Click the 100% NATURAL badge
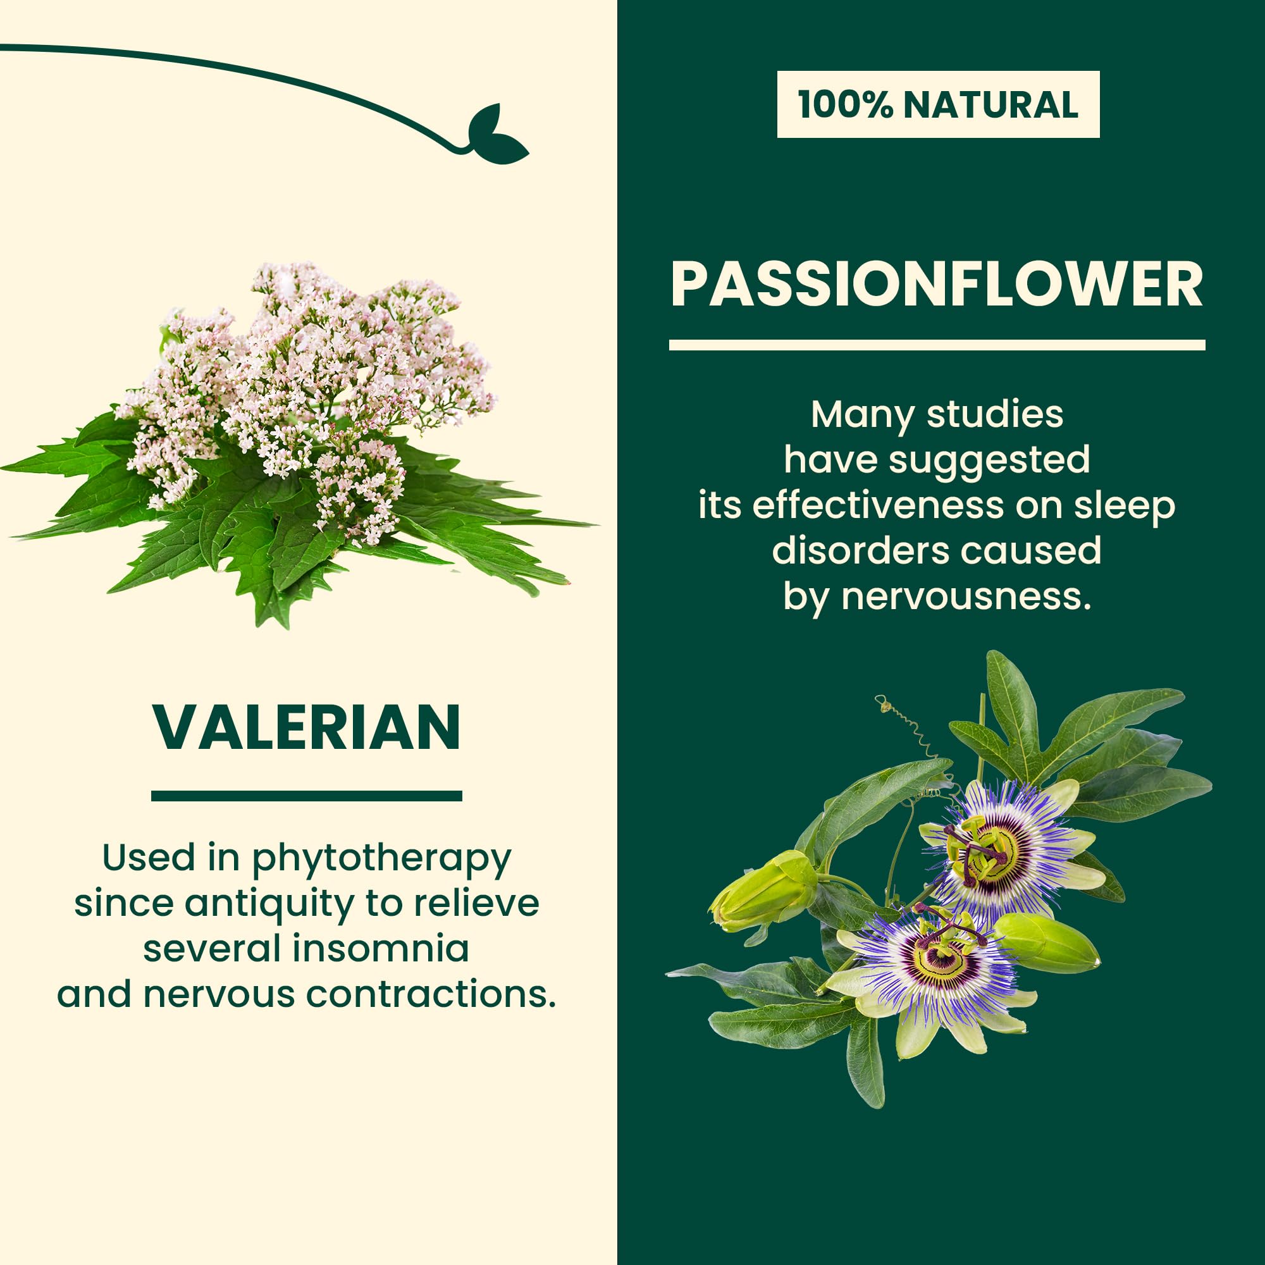[x=938, y=104]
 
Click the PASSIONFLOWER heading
[x=937, y=284]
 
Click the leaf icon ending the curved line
[x=497, y=135]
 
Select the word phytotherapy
[x=381, y=860]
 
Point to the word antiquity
[x=268, y=904]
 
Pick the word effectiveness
[x=877, y=505]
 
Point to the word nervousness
[x=966, y=597]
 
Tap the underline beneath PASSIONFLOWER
[x=937, y=345]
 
